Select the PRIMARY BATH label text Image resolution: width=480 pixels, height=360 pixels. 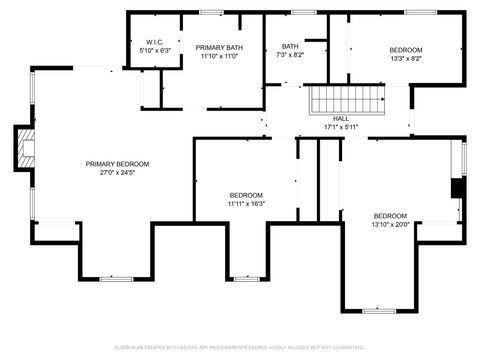(218, 48)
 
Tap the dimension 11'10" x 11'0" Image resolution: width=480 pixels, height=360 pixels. (218, 57)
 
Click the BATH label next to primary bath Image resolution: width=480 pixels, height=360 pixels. (290, 46)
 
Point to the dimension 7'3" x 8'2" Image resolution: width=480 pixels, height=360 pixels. (290, 56)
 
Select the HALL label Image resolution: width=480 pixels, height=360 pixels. (341, 118)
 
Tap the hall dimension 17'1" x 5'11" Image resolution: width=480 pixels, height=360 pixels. (341, 127)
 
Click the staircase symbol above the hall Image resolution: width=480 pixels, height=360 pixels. (346, 100)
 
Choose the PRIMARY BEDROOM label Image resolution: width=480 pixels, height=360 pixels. (117, 164)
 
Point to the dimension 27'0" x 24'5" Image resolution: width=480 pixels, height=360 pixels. (117, 173)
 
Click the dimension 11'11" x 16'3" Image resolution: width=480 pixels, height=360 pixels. (246, 204)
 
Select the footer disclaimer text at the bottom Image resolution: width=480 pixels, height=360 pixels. (240, 348)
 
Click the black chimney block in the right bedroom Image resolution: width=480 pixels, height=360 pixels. (458, 189)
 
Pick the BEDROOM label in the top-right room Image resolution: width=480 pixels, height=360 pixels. (405, 50)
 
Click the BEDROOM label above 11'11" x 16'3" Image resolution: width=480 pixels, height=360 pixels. (246, 195)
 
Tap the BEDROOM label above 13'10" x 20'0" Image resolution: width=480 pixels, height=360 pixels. (390, 216)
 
